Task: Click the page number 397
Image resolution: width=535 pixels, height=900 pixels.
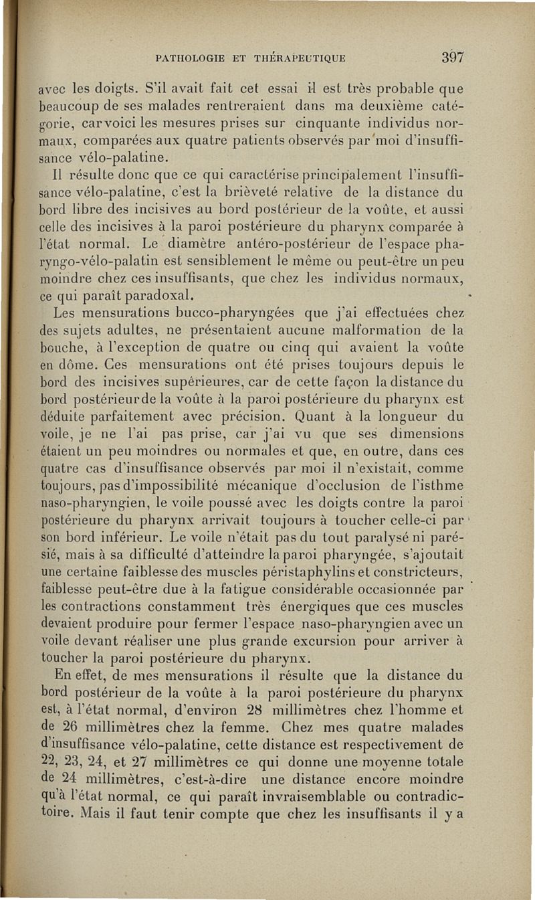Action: (452, 57)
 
